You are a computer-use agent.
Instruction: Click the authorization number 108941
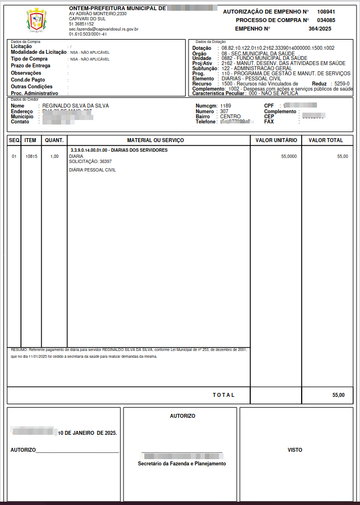[326, 11]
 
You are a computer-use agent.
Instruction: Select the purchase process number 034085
[326, 20]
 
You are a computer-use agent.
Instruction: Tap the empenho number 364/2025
[319, 28]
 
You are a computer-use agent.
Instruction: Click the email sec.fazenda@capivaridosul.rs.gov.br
[104, 29]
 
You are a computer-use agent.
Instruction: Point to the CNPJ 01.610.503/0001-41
[88, 34]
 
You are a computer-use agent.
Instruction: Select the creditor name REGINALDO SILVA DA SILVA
[76, 106]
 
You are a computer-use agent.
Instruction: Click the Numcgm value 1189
[225, 106]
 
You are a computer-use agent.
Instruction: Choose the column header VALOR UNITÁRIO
[276, 140]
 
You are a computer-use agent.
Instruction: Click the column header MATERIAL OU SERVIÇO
[156, 140]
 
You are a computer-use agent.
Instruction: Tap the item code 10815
[31, 156]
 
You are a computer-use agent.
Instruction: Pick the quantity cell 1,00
[54, 156]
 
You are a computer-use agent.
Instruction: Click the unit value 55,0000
[289, 156]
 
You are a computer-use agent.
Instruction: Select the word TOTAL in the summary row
[223, 395]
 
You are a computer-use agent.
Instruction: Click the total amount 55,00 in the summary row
[338, 395]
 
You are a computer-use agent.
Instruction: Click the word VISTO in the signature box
[295, 450]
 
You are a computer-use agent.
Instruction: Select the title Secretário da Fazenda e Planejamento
[182, 464]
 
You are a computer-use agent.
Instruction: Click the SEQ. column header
[15, 140]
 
